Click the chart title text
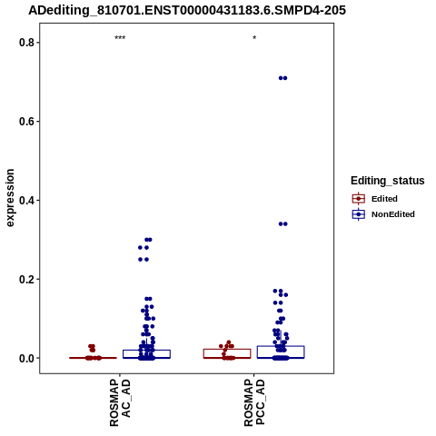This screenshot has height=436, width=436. pos(187,10)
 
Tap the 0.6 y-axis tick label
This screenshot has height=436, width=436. pos(26,122)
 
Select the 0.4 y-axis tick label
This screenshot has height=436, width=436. pos(26,200)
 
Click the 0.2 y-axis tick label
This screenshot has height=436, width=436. pos(26,279)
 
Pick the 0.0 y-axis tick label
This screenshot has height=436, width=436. pos(26,358)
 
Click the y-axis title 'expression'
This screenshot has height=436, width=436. pos(10,198)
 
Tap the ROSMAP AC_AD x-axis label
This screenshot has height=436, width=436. pos(120,402)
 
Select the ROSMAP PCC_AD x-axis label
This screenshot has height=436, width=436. pos(254,402)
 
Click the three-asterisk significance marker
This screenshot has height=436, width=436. pos(120,38)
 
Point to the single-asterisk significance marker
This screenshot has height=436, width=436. pos(254,38)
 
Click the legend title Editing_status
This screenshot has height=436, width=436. pos(388,181)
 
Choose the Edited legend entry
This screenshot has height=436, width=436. pos(374,199)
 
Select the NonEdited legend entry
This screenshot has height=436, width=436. pos(383,214)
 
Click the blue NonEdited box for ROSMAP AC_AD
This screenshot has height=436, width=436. pos(146,354)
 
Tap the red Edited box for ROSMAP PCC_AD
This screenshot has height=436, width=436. pos(227,353)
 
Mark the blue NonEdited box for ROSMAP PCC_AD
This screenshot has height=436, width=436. pos(281,352)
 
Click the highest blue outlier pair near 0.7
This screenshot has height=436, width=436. pos(282,78)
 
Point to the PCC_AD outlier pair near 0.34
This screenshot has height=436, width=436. pos(282,224)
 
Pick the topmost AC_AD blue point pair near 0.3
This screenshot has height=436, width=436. pos(148,240)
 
